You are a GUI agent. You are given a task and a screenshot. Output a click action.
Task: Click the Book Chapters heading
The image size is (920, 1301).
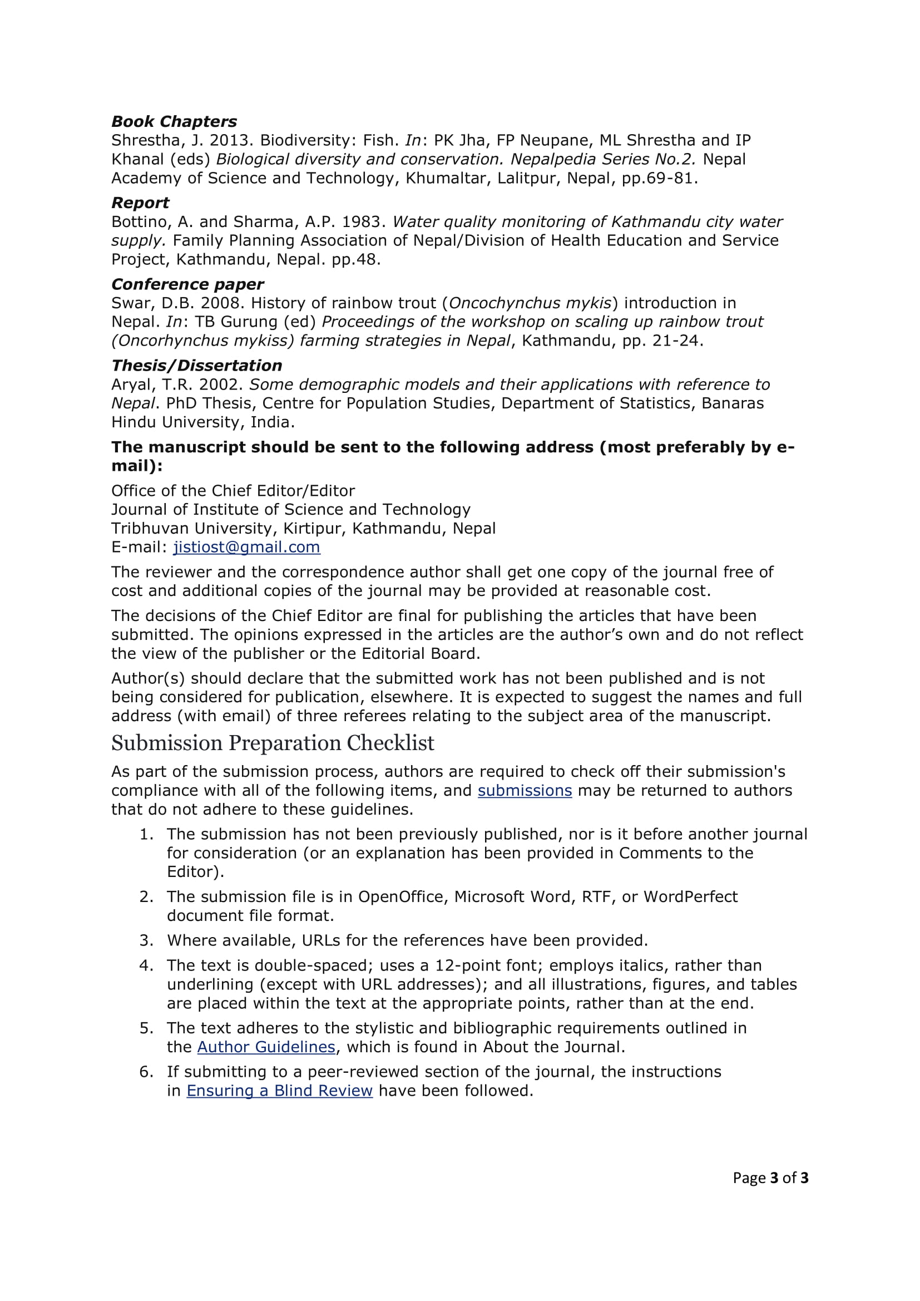point(174,121)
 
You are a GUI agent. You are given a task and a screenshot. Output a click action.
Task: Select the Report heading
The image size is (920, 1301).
point(140,203)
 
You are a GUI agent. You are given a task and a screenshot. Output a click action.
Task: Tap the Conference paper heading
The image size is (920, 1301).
point(187,284)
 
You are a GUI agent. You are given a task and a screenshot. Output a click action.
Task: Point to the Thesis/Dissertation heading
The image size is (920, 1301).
point(196,366)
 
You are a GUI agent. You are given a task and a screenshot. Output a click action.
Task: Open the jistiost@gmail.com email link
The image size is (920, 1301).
point(246,547)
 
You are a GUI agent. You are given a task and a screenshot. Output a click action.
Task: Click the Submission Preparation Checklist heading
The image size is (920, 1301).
point(273,743)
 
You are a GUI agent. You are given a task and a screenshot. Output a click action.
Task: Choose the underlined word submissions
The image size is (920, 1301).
point(525,791)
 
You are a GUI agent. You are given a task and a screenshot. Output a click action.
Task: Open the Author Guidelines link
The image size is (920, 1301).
point(266,1047)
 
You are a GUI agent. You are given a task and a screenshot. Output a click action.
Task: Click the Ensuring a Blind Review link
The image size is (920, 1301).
point(279,1091)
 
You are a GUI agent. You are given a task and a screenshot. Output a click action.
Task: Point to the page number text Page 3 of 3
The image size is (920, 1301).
point(770,1178)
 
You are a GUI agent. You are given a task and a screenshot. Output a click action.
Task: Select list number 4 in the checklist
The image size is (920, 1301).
point(146,965)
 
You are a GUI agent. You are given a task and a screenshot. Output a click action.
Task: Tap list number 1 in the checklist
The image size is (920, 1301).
point(146,834)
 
